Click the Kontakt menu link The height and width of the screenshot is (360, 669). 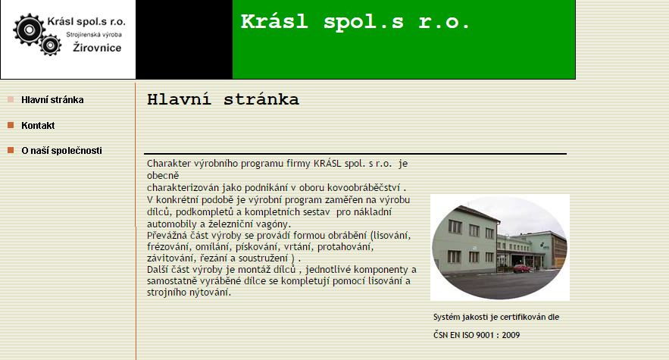pyautogui.click(x=38, y=126)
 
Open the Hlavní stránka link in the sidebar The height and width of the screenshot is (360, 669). pyautogui.click(x=52, y=100)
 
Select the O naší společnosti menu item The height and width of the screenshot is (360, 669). pyautogui.click(x=61, y=151)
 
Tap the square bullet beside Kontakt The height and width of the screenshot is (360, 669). pyautogui.click(x=11, y=125)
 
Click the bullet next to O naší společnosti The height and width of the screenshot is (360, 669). pyautogui.click(x=11, y=150)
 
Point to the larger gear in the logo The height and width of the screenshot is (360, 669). pyautogui.click(x=29, y=30)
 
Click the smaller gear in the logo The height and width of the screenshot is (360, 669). pyautogui.click(x=50, y=45)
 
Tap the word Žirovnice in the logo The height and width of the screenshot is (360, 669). pyautogui.click(x=97, y=48)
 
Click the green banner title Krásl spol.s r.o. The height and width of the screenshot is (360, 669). pyautogui.click(x=355, y=21)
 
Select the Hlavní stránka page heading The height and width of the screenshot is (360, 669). pyautogui.click(x=223, y=99)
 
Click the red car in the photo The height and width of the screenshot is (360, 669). pyautogui.click(x=522, y=268)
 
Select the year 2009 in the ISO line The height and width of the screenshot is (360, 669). pyautogui.click(x=511, y=335)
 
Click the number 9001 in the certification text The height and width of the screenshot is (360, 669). pyautogui.click(x=485, y=335)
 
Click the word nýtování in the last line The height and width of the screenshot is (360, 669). pyautogui.click(x=212, y=293)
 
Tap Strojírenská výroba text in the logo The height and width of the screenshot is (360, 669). pyautogui.click(x=94, y=34)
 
